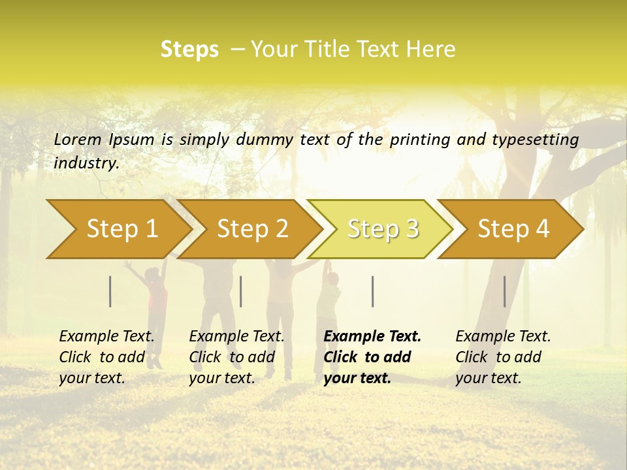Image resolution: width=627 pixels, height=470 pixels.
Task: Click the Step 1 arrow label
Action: click(x=122, y=229)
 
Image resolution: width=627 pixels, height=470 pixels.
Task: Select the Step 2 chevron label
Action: click(x=253, y=229)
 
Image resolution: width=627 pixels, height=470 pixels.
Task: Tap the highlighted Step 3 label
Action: click(x=383, y=229)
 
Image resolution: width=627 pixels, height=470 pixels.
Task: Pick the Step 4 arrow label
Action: click(x=513, y=229)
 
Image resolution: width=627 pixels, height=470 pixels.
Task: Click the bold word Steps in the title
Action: click(x=189, y=50)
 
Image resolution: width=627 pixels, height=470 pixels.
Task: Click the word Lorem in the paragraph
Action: click(x=78, y=139)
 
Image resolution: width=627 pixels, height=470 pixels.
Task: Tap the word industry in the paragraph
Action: click(x=86, y=163)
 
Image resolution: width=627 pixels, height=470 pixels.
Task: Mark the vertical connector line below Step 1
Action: click(x=110, y=291)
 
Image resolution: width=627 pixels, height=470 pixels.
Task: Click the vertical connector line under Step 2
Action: click(x=241, y=291)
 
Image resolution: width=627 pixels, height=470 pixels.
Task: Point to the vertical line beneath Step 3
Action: click(x=373, y=291)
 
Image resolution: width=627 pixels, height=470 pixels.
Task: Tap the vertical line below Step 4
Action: click(x=505, y=291)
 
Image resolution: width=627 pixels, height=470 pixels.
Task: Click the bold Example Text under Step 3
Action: click(x=372, y=337)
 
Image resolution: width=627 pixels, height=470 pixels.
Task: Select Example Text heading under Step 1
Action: click(x=106, y=337)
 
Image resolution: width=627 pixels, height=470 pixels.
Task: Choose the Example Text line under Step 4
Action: click(x=503, y=337)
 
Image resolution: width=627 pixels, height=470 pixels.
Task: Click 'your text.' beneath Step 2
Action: click(x=221, y=379)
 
